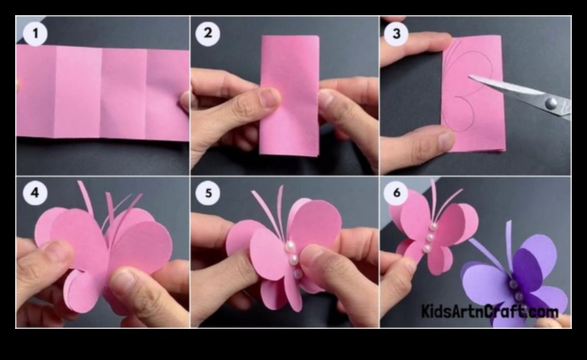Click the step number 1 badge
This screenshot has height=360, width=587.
(35, 33)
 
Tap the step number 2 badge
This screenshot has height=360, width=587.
(208, 33)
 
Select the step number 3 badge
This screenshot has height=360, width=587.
(396, 33)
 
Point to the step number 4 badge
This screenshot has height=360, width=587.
(35, 193)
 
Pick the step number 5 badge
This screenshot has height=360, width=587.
(208, 193)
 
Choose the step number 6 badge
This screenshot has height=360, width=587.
(396, 193)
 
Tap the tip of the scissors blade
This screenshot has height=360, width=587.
(469, 77)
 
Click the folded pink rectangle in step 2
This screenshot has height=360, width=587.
(289, 95)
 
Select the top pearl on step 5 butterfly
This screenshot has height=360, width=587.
(289, 246)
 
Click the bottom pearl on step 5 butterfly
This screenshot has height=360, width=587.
(298, 274)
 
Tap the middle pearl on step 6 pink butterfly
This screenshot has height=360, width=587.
(430, 237)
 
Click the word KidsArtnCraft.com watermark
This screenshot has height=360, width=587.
(489, 311)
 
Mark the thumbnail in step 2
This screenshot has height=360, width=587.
(269, 99)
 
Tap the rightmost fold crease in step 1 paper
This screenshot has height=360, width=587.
(145, 94)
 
